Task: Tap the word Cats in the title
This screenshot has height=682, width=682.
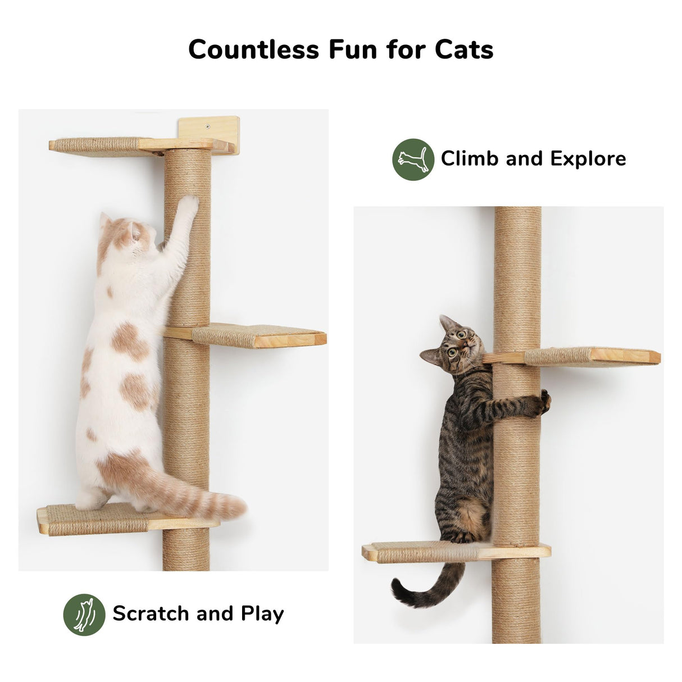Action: tap(464, 49)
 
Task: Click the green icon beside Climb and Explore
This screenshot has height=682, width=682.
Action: tap(413, 159)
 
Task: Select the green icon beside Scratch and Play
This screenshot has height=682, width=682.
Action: tap(84, 614)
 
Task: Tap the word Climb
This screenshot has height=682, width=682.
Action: tap(469, 159)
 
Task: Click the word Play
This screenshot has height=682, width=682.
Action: tap(262, 614)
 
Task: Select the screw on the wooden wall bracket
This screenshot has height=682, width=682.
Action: tap(208, 126)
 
